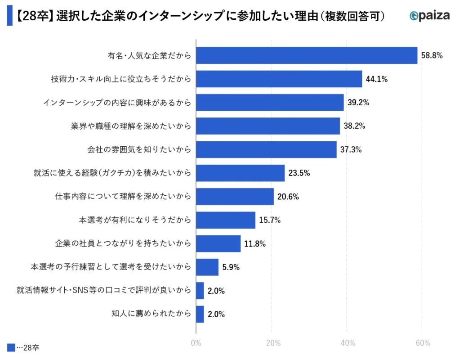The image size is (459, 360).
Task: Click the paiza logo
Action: click(x=429, y=16)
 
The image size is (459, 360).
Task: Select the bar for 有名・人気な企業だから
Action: click(x=307, y=55)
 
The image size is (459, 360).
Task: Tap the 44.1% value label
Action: click(x=377, y=79)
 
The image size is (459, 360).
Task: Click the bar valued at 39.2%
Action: click(x=270, y=103)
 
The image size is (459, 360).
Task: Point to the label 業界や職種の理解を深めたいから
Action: click(x=131, y=126)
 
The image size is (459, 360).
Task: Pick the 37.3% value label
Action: click(x=351, y=150)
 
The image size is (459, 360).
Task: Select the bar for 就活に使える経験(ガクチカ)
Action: click(x=240, y=173)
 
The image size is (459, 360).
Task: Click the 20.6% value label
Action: click(x=288, y=197)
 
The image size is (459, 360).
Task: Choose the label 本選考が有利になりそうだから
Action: click(x=135, y=220)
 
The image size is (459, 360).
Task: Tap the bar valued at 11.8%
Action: click(x=218, y=243)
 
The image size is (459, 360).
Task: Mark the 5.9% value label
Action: click(x=231, y=267)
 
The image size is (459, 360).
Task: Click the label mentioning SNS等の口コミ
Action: click(x=103, y=290)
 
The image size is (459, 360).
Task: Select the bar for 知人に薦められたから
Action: click(x=200, y=314)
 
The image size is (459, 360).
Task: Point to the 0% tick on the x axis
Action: click(x=196, y=343)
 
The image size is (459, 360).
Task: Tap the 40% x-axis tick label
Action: click(x=347, y=343)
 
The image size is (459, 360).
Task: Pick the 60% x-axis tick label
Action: click(x=423, y=343)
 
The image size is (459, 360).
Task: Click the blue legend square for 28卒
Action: click(x=11, y=347)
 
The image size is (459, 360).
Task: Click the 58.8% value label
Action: click(x=432, y=55)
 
